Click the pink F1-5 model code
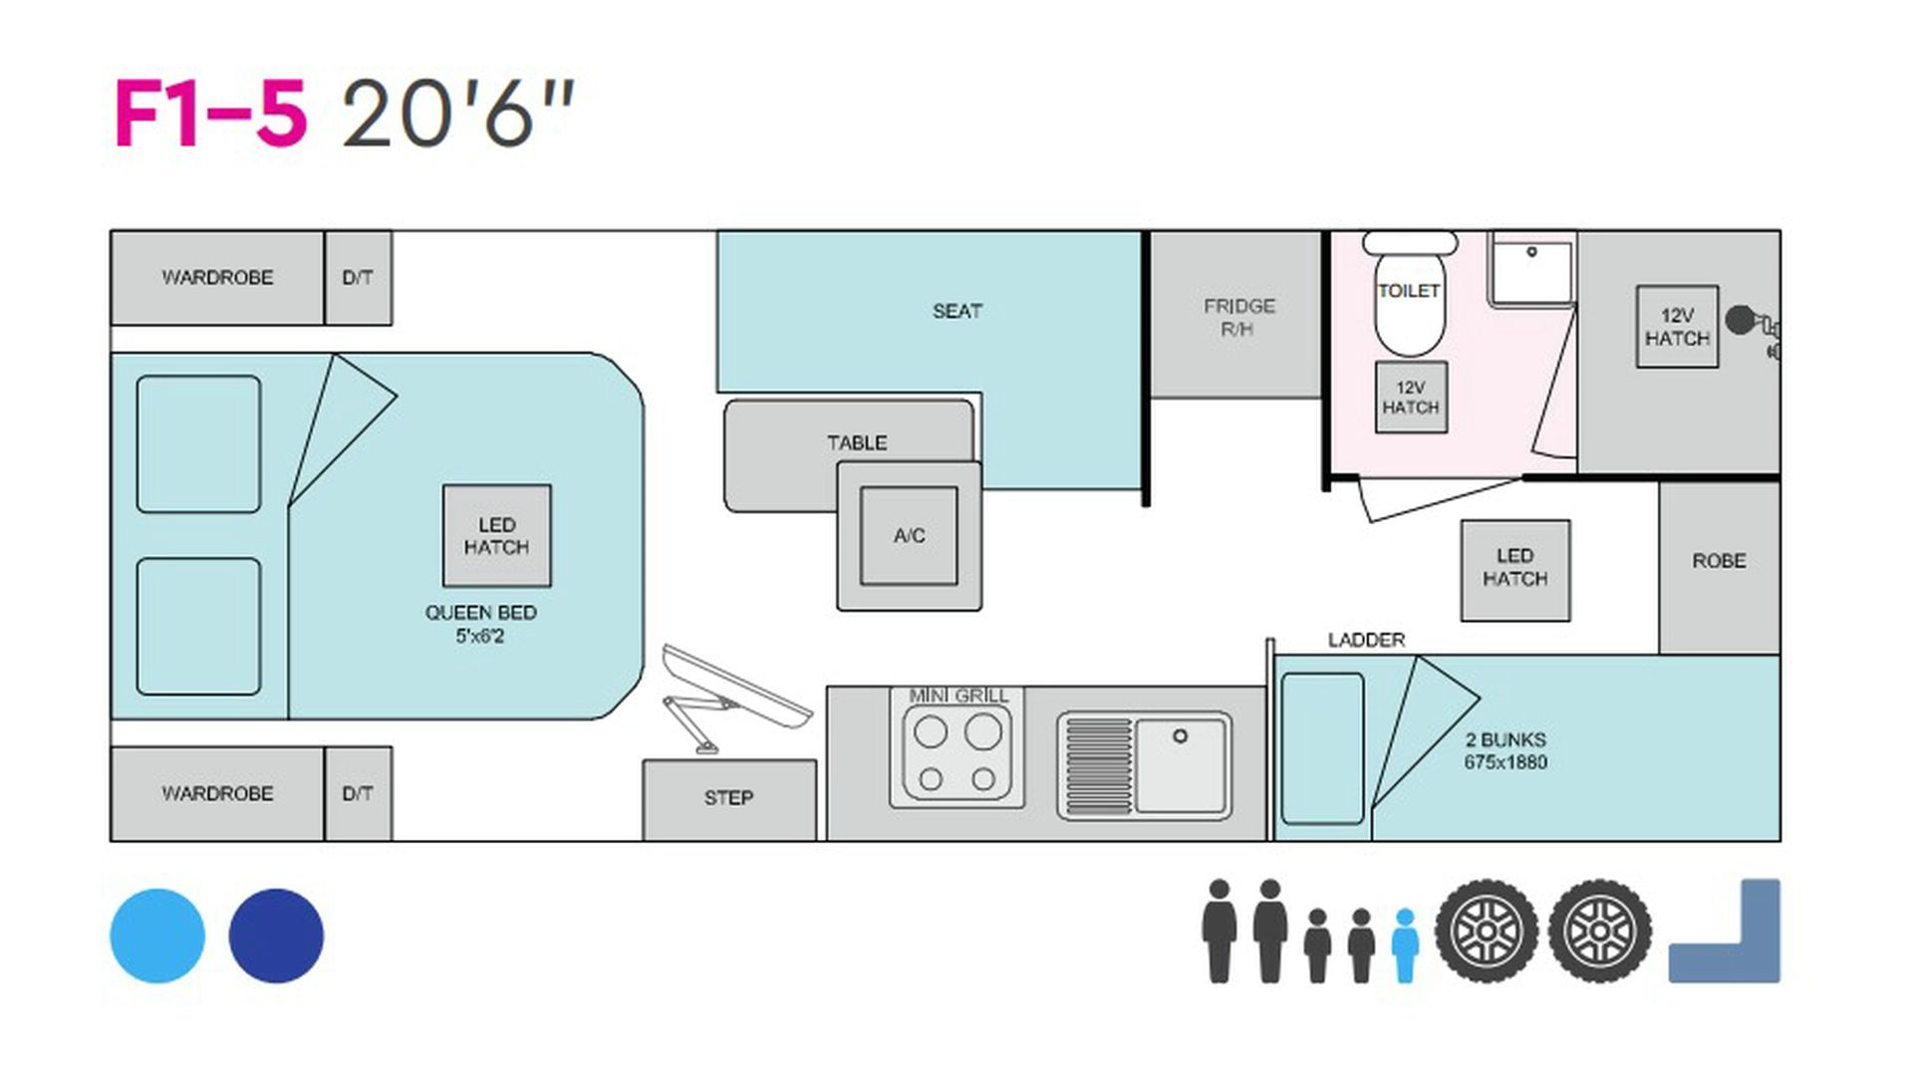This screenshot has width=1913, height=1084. pos(210,115)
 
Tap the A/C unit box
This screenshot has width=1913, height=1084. pos(909,536)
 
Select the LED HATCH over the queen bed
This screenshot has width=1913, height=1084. pos(496,536)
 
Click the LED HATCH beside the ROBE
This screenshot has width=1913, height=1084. pos(1514,570)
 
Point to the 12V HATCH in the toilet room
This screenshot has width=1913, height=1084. pos(1411,398)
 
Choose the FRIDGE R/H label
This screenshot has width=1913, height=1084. pos(1238,317)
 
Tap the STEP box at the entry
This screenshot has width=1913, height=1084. pos(729,799)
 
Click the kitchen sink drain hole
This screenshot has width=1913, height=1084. pos(1180,736)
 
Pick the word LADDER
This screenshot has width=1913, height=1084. pos(1366,640)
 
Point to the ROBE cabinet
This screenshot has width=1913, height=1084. pos(1719,567)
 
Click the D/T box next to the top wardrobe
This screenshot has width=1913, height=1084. pos(358,278)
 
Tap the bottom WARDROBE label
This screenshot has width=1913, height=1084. pos(217,794)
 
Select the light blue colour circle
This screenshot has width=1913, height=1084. pos(157,936)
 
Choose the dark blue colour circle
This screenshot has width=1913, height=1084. pos(276,936)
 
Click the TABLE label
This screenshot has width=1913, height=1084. pos(857,442)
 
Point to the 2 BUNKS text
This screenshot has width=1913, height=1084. pos(1505,740)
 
